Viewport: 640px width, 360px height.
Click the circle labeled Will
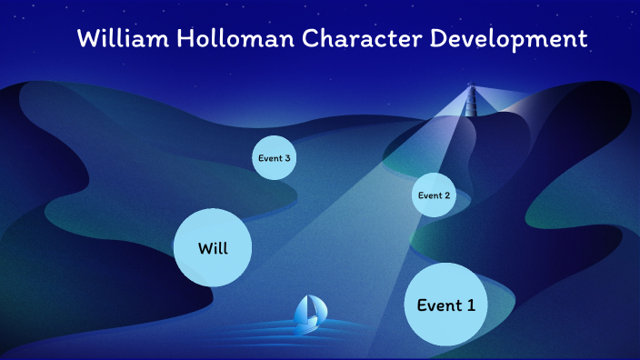click(x=212, y=247)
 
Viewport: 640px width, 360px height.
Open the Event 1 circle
click(x=445, y=305)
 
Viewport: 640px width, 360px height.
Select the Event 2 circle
click(x=434, y=195)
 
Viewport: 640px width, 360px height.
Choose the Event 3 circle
click(x=274, y=158)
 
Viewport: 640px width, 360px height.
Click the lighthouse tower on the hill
click(x=471, y=101)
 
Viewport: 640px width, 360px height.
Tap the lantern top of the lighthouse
click(x=471, y=87)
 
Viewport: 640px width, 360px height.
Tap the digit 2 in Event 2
click(x=446, y=195)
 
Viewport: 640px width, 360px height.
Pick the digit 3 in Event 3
click(x=287, y=158)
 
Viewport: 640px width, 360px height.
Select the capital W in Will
click(x=204, y=247)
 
